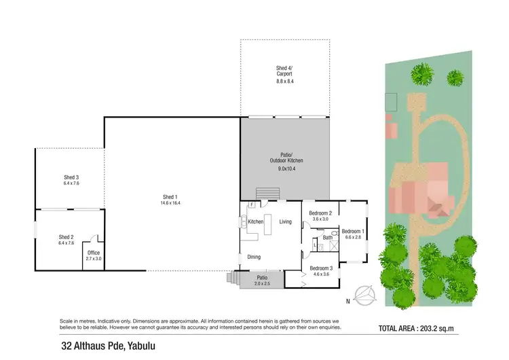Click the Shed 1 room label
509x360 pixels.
(170, 198)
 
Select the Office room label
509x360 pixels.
(94, 253)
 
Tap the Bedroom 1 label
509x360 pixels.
(354, 230)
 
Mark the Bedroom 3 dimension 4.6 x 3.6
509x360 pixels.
(320, 274)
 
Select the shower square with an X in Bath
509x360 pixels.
(335, 246)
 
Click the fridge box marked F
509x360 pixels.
(251, 204)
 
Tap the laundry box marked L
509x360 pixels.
(316, 245)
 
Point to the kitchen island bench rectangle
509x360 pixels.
(267, 223)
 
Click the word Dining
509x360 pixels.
(254, 257)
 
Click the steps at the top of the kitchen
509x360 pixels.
(263, 194)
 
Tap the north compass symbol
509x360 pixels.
(366, 294)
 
